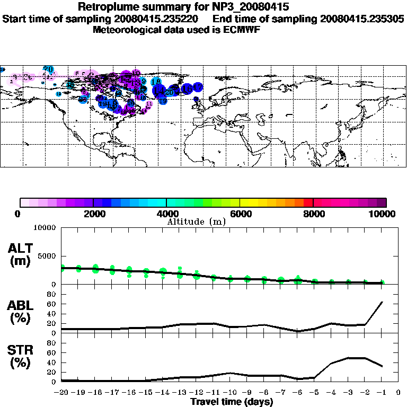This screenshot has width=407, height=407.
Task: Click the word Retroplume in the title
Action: pos(105,7)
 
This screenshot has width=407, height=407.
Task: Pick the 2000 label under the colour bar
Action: pos(93,214)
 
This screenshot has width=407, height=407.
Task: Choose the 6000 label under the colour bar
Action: pos(240,214)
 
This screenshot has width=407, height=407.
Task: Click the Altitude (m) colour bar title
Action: pos(197,222)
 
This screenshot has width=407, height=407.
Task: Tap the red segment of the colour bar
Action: pos(308,202)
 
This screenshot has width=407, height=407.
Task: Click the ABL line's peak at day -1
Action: pos(382,302)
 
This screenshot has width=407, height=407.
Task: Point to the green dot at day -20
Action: pos(63,268)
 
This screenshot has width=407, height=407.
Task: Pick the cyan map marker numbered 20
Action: pos(49,69)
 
